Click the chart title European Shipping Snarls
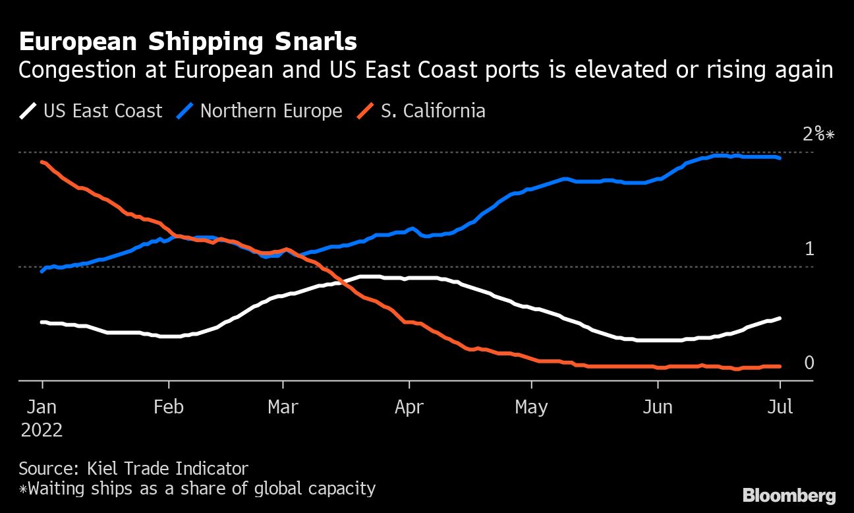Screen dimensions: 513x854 coord(188,42)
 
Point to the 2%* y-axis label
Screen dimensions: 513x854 coord(818,135)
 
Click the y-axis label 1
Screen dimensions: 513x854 coord(810,249)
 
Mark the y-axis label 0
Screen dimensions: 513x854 coord(809,363)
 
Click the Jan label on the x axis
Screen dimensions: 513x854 coord(43,407)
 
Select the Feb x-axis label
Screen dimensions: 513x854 coord(169,407)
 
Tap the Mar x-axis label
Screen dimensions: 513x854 coord(283,407)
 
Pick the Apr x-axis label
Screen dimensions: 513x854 coord(409,407)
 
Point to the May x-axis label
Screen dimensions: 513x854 coord(531,407)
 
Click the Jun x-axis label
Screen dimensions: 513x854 coord(657,407)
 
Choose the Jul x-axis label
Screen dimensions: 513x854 coord(780,407)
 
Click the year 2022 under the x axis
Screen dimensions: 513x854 coord(42,431)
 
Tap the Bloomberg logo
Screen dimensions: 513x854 coord(789,496)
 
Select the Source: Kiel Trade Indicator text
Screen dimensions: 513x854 coord(134,469)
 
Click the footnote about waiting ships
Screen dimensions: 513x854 coord(197,489)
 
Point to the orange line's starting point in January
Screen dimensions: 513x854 coord(42,162)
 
